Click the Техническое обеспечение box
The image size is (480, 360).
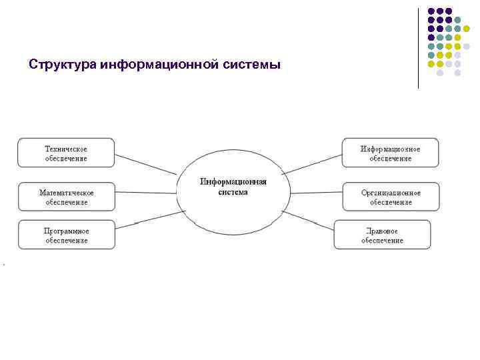[x=66, y=153]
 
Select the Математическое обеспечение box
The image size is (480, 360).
[x=66, y=196]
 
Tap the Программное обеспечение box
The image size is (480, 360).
[x=66, y=235]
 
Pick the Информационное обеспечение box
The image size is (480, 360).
[x=391, y=153]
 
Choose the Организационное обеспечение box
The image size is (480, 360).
[x=391, y=196]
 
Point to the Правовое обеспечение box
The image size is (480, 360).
[x=383, y=235]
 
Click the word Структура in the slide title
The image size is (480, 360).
[x=63, y=65]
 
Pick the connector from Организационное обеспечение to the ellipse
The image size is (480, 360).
[x=317, y=193]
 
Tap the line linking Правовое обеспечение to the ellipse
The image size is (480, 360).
[x=307, y=220]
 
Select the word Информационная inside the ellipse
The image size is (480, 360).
[x=233, y=182]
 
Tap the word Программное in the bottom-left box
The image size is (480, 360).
[x=66, y=231]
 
